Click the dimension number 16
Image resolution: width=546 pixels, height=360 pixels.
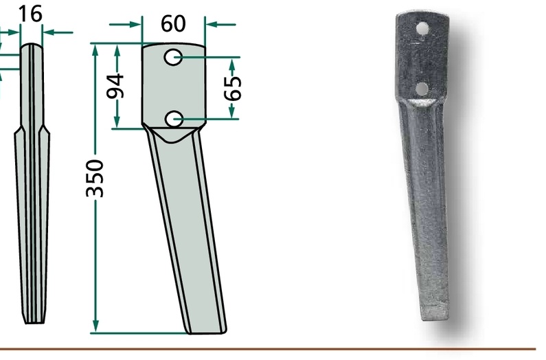[30, 14]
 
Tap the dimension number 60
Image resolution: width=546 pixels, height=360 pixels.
[173, 23]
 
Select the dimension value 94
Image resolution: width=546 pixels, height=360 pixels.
[115, 86]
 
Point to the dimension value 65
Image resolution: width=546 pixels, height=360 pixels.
[234, 88]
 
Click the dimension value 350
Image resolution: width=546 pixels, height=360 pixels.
[95, 179]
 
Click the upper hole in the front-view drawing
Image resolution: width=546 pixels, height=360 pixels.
[173, 57]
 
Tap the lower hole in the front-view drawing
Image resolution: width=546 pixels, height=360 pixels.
[173, 120]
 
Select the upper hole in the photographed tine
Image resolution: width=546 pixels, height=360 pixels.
[423, 29]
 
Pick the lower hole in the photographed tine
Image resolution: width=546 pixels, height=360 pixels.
[422, 89]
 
